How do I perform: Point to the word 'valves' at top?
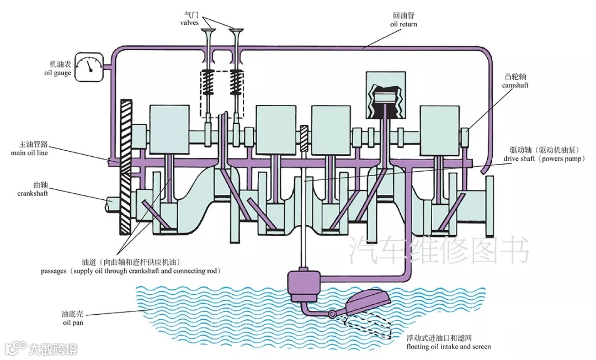click(x=189, y=23)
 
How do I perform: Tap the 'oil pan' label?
click(x=72, y=322)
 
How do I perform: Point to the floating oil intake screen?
click(x=367, y=304)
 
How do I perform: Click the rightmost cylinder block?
click(x=439, y=130)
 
